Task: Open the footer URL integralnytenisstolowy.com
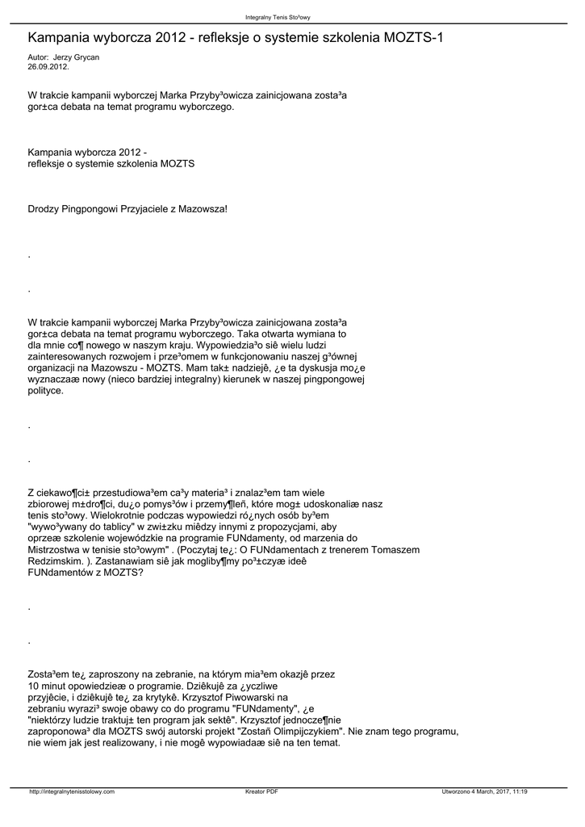(x=72, y=791)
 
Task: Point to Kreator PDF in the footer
(x=261, y=791)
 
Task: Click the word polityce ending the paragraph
(x=45, y=390)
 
